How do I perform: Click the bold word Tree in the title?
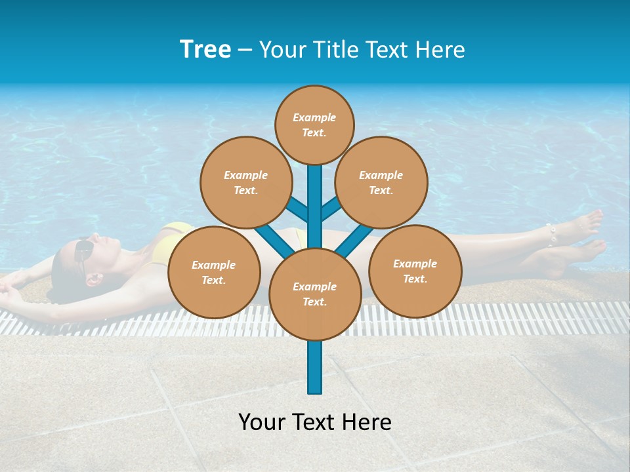point(205,49)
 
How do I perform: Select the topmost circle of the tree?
point(314,125)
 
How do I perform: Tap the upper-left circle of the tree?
point(245,182)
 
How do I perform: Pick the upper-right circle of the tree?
point(381,182)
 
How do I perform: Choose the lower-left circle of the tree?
point(214,272)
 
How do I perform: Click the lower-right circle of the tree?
point(415,271)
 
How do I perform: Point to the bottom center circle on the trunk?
point(315,294)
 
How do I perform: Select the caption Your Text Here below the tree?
point(315,422)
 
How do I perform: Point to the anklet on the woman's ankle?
point(552,234)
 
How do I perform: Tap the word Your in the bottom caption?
point(261,422)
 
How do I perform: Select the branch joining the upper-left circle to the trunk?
point(297,208)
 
